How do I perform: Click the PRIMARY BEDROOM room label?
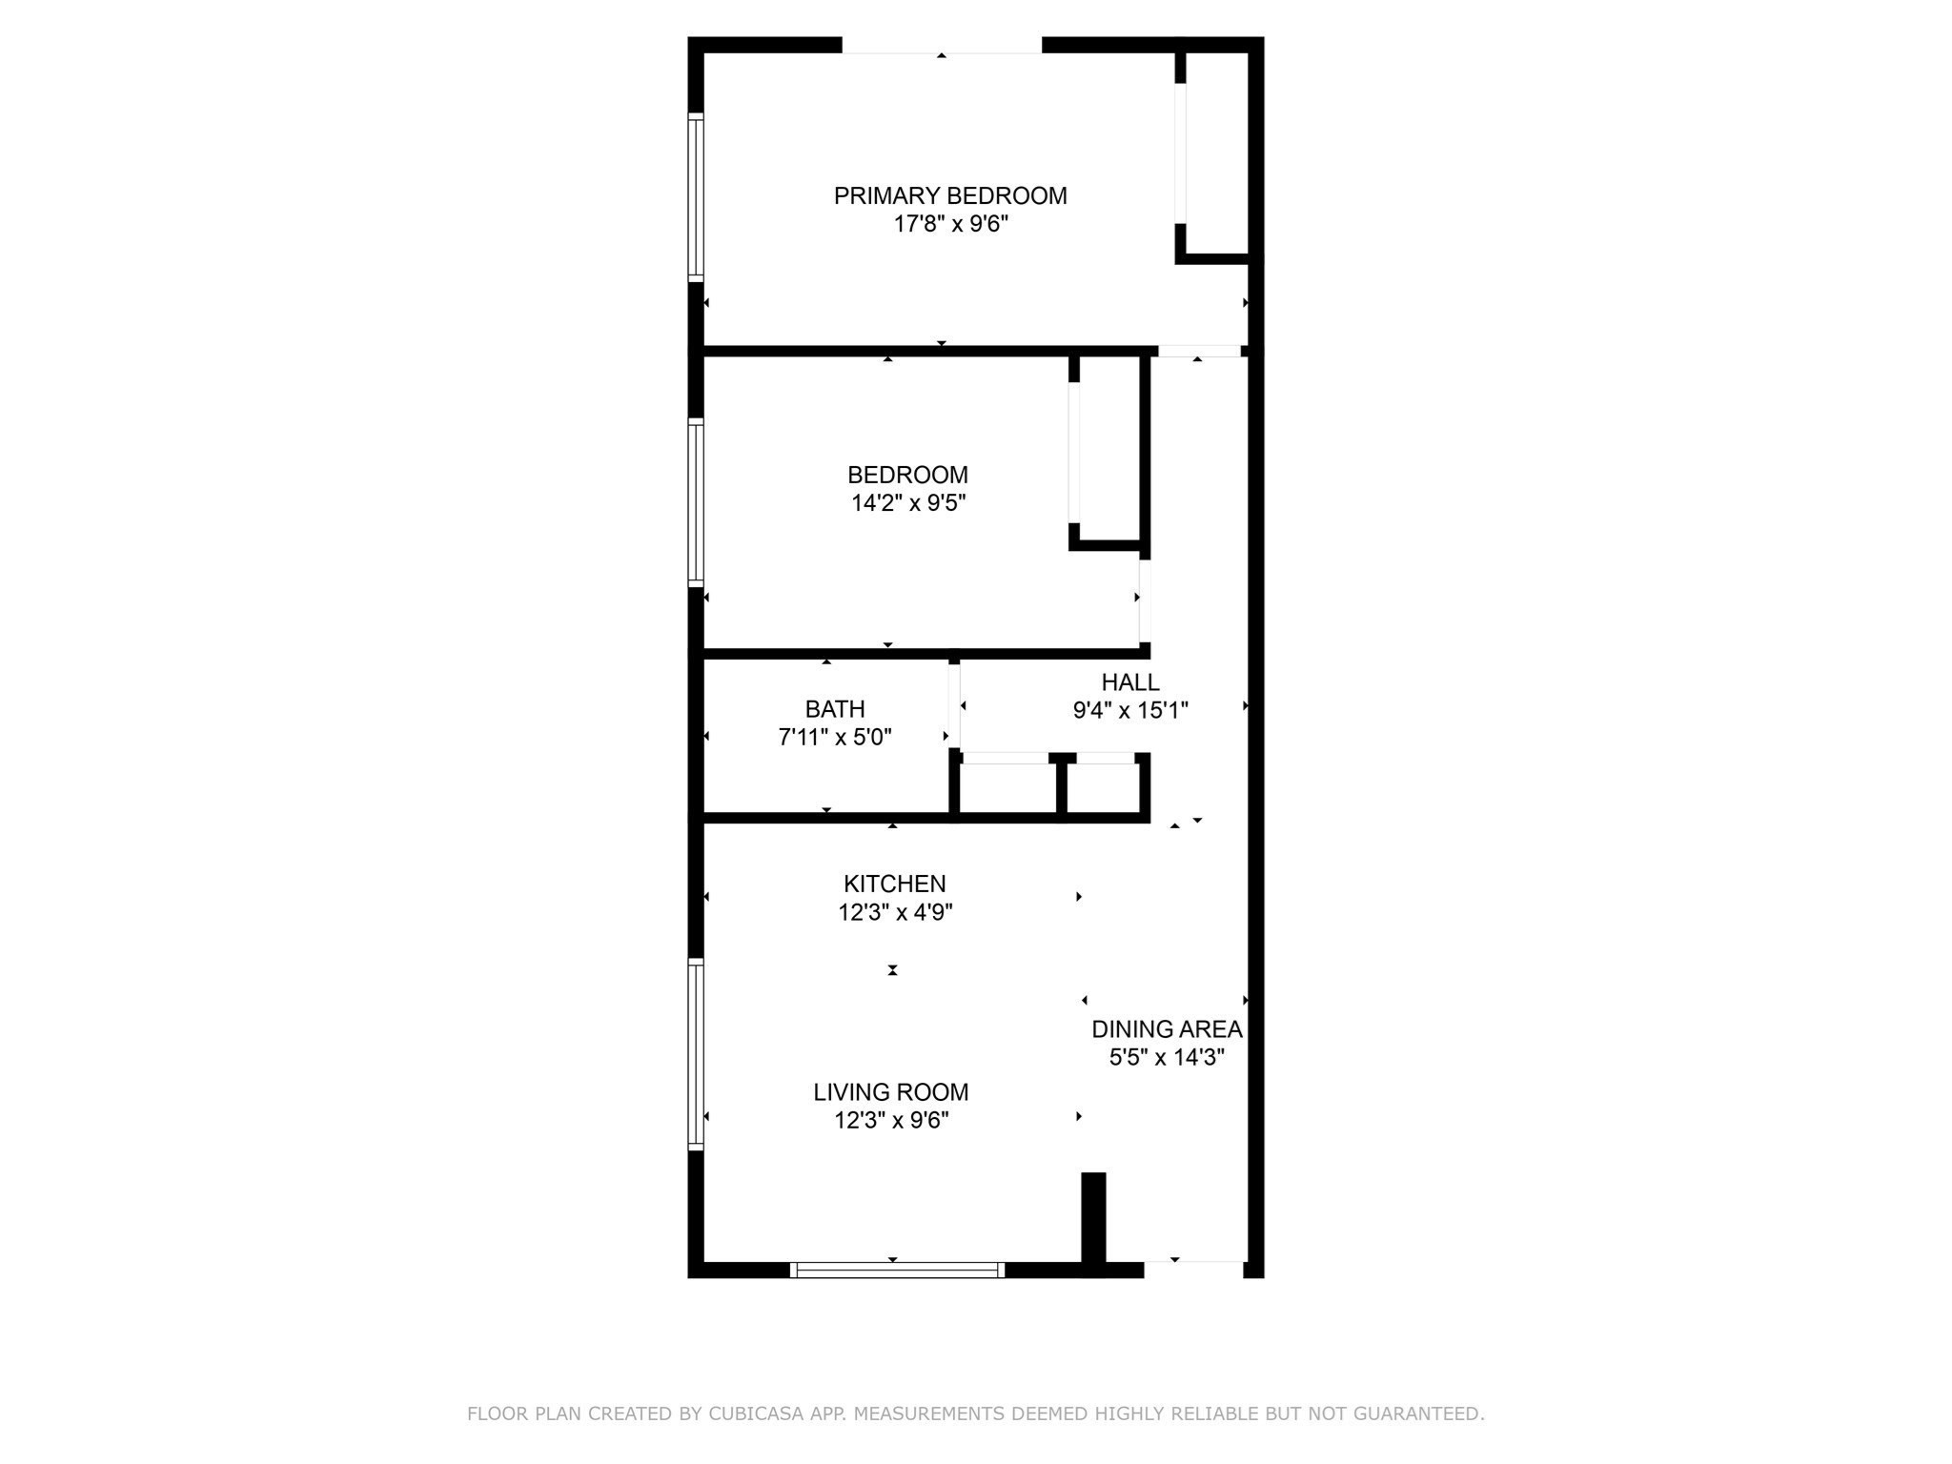click(950, 195)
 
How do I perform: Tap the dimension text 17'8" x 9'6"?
click(950, 224)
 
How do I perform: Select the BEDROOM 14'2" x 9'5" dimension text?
click(908, 502)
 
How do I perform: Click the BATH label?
click(835, 709)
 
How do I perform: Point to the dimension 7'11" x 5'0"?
click(835, 737)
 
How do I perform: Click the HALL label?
click(1130, 682)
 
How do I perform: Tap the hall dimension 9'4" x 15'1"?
click(1130, 710)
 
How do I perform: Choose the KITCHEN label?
click(895, 884)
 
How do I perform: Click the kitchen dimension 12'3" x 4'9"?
click(895, 912)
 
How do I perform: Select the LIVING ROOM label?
click(891, 1092)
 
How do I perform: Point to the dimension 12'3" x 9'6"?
click(891, 1120)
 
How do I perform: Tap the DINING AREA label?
click(1167, 1029)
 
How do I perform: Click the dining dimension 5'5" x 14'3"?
click(1167, 1057)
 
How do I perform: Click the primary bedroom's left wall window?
click(696, 197)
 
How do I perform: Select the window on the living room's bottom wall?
click(897, 1270)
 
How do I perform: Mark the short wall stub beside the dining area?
click(1093, 1218)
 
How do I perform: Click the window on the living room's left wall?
click(696, 1054)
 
